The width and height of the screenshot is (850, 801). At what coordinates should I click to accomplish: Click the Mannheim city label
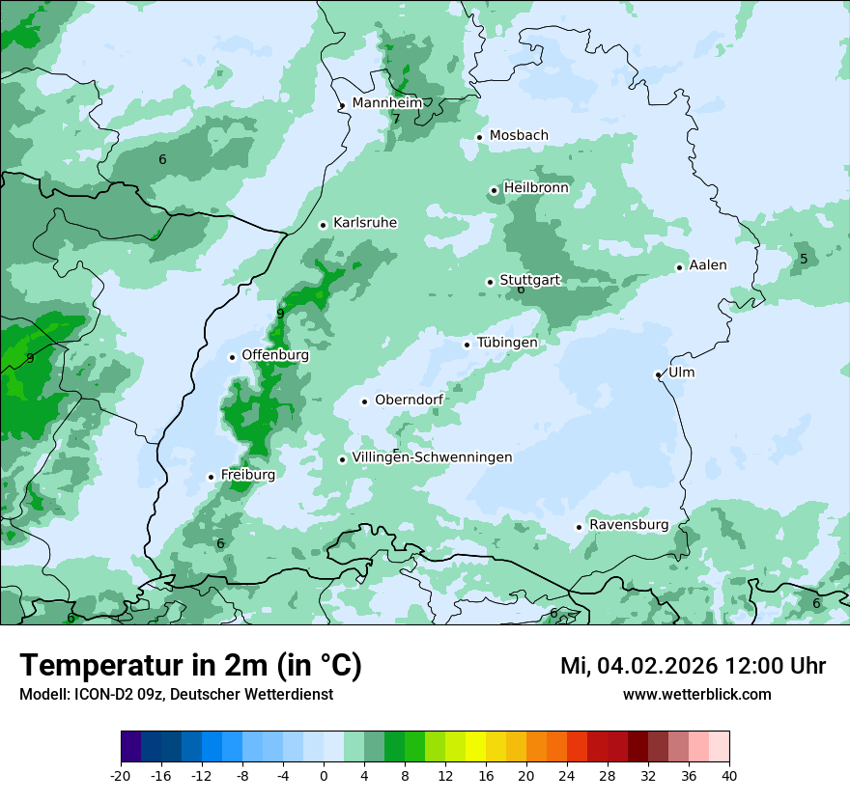click(x=386, y=102)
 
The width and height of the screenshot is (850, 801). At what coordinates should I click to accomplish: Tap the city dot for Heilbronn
click(x=494, y=190)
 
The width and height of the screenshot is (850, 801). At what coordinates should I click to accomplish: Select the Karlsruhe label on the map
click(x=365, y=223)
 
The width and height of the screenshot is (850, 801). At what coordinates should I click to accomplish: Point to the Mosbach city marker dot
click(x=479, y=137)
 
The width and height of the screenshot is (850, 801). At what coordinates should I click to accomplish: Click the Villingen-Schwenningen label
click(x=432, y=457)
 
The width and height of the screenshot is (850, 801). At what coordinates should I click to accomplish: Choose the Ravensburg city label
click(x=629, y=525)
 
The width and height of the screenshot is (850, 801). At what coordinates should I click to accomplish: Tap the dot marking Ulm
click(x=658, y=374)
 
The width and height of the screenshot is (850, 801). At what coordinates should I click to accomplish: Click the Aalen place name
click(x=708, y=265)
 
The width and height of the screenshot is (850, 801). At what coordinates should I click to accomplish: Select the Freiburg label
click(x=247, y=475)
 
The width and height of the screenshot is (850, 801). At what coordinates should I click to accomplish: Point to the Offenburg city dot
click(x=232, y=357)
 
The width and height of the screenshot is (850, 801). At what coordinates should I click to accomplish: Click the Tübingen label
click(x=507, y=343)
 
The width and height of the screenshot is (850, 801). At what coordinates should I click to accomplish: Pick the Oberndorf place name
click(x=409, y=400)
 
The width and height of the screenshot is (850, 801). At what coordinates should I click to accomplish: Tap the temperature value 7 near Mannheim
click(x=396, y=119)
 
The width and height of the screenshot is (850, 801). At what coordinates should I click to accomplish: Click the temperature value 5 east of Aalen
click(x=804, y=259)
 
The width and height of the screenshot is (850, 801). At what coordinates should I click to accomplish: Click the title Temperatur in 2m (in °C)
click(x=190, y=666)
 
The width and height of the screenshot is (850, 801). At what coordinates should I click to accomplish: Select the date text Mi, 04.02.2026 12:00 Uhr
click(x=693, y=666)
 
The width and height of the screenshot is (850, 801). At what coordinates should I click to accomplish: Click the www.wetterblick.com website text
click(x=696, y=694)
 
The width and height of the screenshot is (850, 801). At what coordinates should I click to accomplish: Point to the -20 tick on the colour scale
click(x=121, y=775)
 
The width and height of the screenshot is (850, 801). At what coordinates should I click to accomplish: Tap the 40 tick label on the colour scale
click(x=729, y=775)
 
